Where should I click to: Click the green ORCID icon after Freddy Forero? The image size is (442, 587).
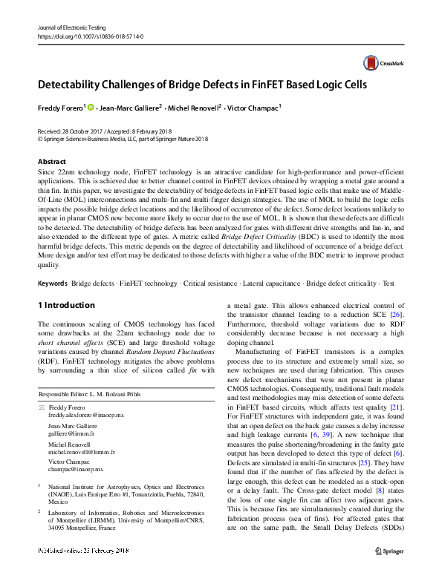[x=91, y=108]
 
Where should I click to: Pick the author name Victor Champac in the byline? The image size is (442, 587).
[x=255, y=108]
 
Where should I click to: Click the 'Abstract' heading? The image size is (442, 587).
[x=51, y=161]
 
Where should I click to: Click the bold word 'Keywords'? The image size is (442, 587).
[x=53, y=283]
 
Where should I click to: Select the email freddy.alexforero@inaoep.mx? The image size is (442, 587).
[x=91, y=416]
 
